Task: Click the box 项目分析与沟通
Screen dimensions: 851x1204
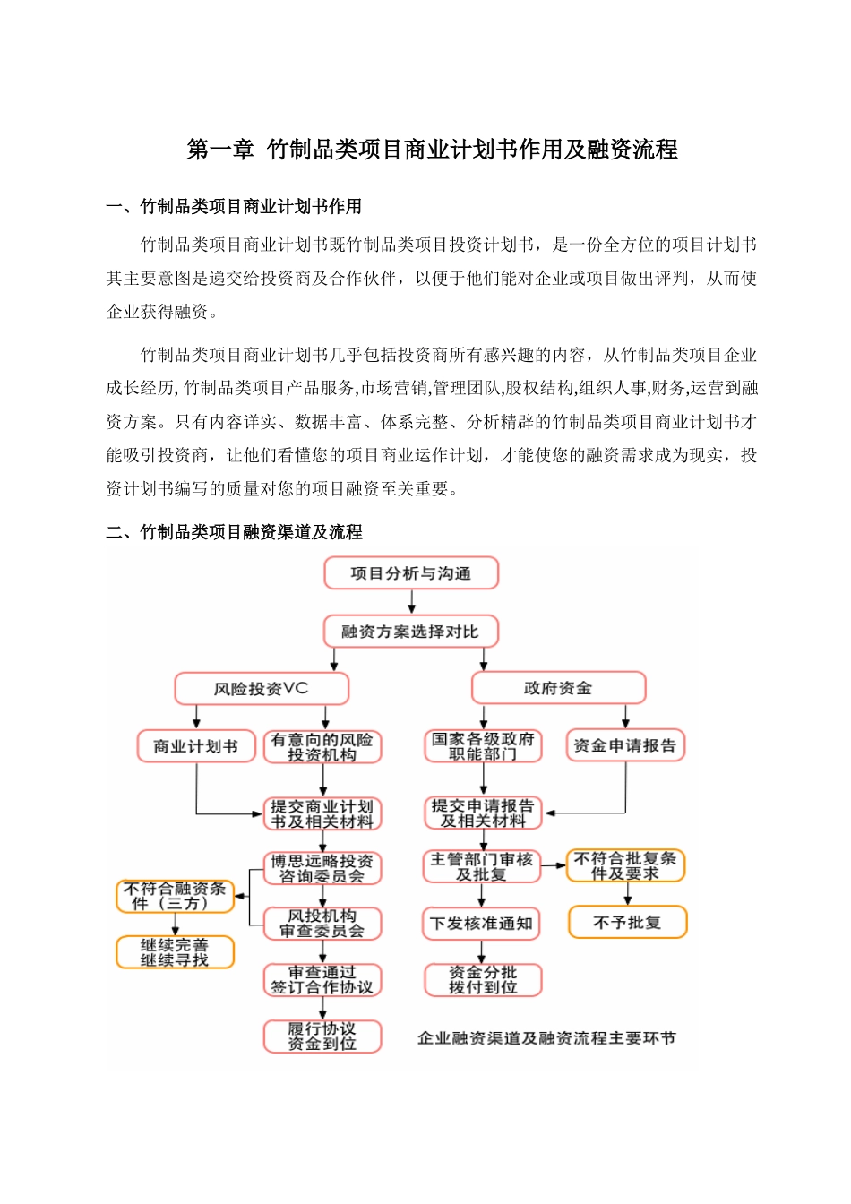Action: tap(410, 573)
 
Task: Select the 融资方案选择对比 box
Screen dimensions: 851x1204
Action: tap(410, 632)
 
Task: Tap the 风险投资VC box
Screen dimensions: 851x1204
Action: tap(261, 689)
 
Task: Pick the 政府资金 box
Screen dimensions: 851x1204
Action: tap(558, 688)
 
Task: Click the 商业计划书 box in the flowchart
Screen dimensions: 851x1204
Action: tap(195, 746)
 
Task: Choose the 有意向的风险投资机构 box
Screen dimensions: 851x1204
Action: tap(322, 747)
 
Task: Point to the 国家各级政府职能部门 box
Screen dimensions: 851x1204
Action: tap(483, 746)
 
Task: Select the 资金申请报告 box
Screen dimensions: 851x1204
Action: tap(625, 745)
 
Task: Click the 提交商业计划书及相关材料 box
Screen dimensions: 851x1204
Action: tap(322, 813)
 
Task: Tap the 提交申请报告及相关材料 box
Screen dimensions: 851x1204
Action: tap(483, 813)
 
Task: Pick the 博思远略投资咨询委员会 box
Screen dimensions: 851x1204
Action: tap(322, 868)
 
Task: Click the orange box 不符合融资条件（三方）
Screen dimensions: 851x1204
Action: tap(175, 896)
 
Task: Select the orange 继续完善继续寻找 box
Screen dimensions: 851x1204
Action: tap(175, 952)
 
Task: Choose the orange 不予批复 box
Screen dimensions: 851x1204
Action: tap(627, 922)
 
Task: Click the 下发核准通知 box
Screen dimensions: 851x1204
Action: tap(481, 924)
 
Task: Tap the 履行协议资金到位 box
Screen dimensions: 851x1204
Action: tap(322, 1036)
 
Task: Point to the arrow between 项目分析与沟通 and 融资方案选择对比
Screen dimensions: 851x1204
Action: tap(411, 602)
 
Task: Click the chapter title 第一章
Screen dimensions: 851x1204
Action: tap(220, 150)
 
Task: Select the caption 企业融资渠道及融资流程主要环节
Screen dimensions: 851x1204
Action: tap(546, 1038)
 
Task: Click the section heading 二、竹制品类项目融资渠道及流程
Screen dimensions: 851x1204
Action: tap(234, 532)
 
